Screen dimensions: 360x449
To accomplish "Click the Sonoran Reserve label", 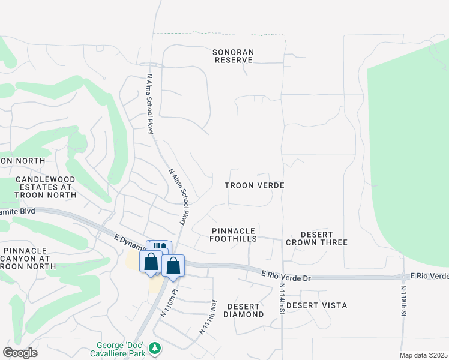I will click(x=234, y=56).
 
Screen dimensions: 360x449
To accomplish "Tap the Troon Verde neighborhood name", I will click(x=254, y=186).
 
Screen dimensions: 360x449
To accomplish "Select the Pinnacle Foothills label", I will click(x=234, y=235).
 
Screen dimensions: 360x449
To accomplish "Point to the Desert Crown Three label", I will click(x=316, y=238).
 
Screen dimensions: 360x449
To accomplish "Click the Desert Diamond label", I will click(x=244, y=310).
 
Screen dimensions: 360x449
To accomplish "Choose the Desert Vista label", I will click(x=316, y=305).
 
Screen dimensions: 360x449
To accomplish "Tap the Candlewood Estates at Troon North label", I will click(x=45, y=187).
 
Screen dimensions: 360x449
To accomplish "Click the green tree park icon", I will click(x=155, y=348).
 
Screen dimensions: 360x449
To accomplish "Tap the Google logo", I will click(x=20, y=353).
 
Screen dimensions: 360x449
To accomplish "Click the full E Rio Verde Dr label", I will click(x=286, y=275).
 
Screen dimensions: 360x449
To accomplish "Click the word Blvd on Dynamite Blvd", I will click(x=26, y=211).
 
